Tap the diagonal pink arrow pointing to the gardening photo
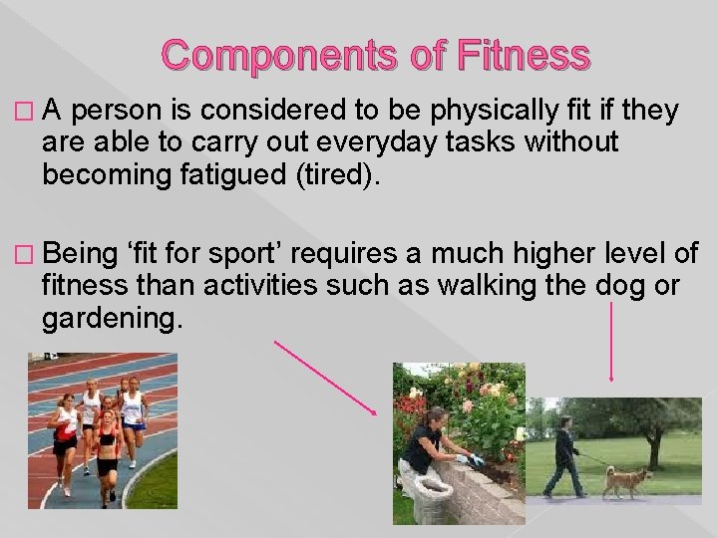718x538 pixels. click(x=325, y=378)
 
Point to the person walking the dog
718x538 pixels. click(x=565, y=456)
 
